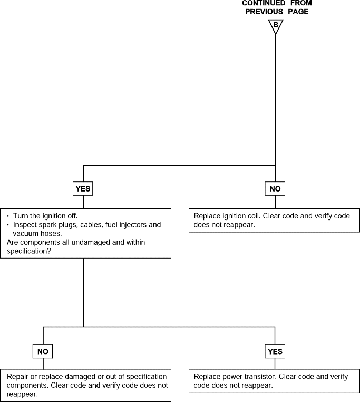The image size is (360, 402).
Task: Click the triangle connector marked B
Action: [276, 26]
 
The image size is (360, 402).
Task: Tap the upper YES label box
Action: [83, 189]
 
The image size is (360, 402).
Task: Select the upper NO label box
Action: [275, 189]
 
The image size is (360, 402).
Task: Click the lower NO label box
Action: [43, 351]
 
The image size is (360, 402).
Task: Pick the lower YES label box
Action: [275, 351]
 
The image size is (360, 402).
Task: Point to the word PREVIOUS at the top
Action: [264, 12]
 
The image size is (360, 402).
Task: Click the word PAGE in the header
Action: [298, 12]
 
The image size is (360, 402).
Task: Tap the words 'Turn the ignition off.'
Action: [45, 216]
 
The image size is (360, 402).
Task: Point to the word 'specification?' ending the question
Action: [29, 251]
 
